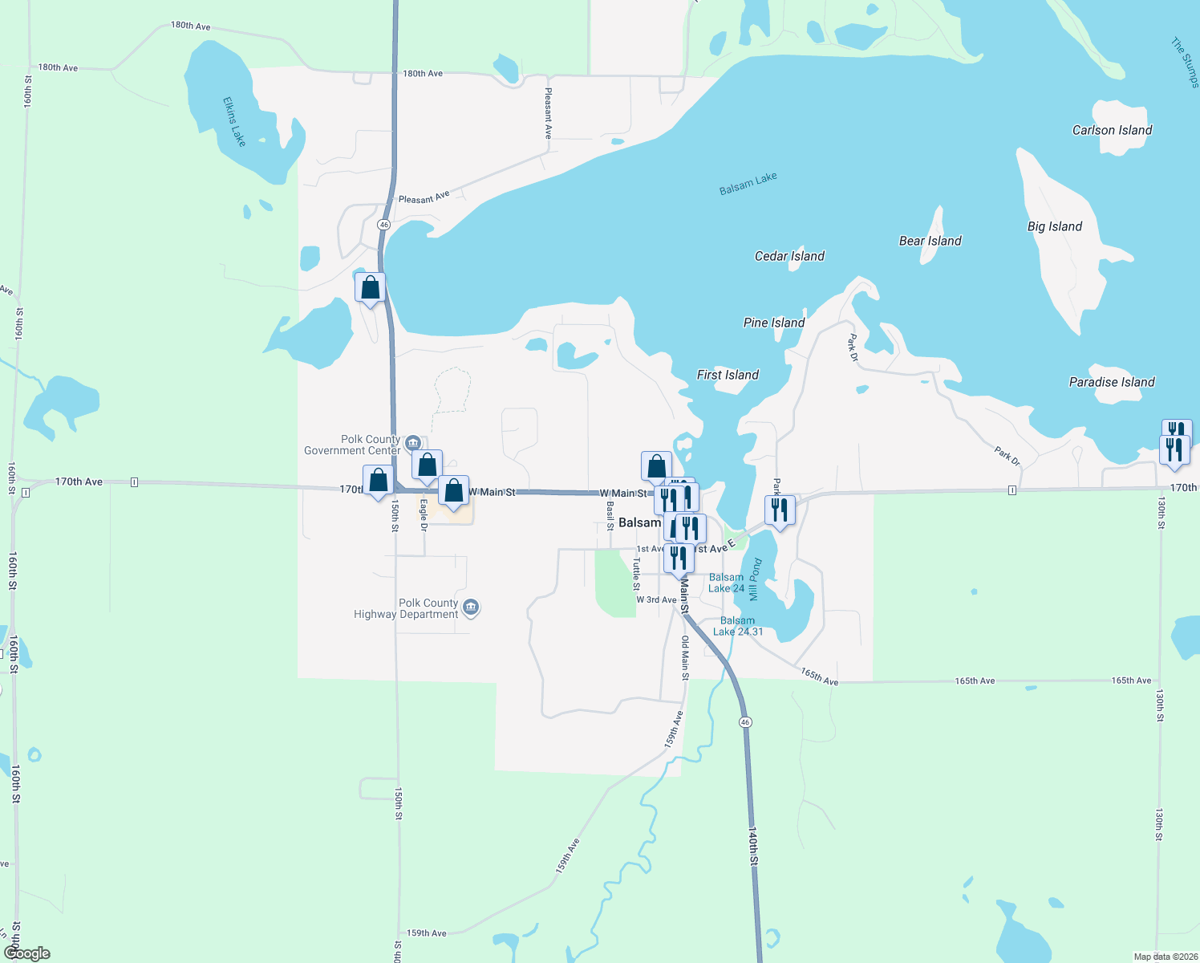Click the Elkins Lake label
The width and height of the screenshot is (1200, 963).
[x=234, y=122]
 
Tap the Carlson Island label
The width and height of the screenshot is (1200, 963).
[x=1112, y=130]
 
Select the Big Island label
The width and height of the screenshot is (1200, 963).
[x=1054, y=226]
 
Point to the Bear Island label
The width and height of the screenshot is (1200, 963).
[x=930, y=241]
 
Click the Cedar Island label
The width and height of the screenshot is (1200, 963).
[x=789, y=256]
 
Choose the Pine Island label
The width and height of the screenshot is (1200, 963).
[x=774, y=323]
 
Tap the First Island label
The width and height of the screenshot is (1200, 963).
[x=728, y=375]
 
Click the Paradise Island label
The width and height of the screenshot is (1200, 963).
[x=1112, y=382]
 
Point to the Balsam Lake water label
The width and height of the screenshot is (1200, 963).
[x=748, y=184]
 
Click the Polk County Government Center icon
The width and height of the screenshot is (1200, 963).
[x=413, y=442]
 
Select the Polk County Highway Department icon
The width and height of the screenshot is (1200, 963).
[x=472, y=607]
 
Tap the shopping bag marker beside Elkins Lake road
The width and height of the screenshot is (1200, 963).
[x=370, y=287]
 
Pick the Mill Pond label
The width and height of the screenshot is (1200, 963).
[x=754, y=579]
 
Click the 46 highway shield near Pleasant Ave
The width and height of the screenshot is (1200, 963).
[x=384, y=225]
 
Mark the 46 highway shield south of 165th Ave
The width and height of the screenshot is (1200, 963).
[x=745, y=722]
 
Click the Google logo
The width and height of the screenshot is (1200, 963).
[x=26, y=953]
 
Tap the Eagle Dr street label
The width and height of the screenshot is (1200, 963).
[x=424, y=515]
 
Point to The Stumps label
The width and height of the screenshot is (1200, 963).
[x=1185, y=62]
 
